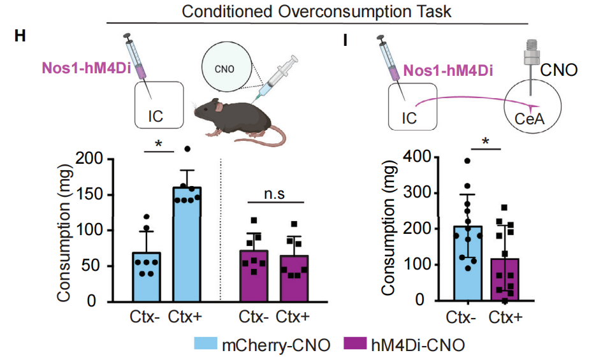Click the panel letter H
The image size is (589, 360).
pos(20,36)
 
